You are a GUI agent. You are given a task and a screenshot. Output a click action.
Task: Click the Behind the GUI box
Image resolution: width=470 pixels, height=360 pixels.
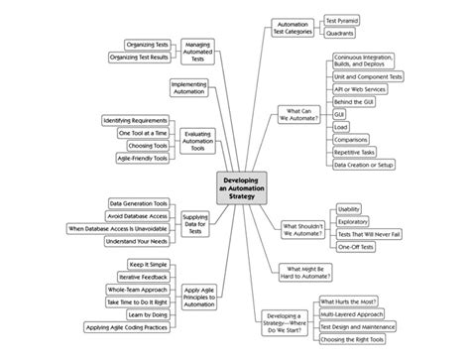point(354,101)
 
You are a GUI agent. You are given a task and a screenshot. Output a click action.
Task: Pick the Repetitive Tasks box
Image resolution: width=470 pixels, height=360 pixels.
point(356,152)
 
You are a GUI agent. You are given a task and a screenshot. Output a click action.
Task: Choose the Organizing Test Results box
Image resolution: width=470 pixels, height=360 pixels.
point(137,57)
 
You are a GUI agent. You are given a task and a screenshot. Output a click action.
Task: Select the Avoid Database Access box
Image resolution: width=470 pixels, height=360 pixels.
point(137,215)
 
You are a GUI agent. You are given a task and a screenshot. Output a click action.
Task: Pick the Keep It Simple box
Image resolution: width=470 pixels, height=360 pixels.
point(146,264)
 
